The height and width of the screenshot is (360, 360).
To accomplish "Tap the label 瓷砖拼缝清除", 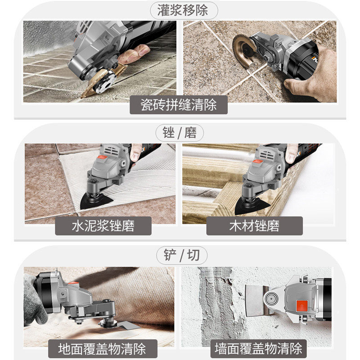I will tap(179, 105).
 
